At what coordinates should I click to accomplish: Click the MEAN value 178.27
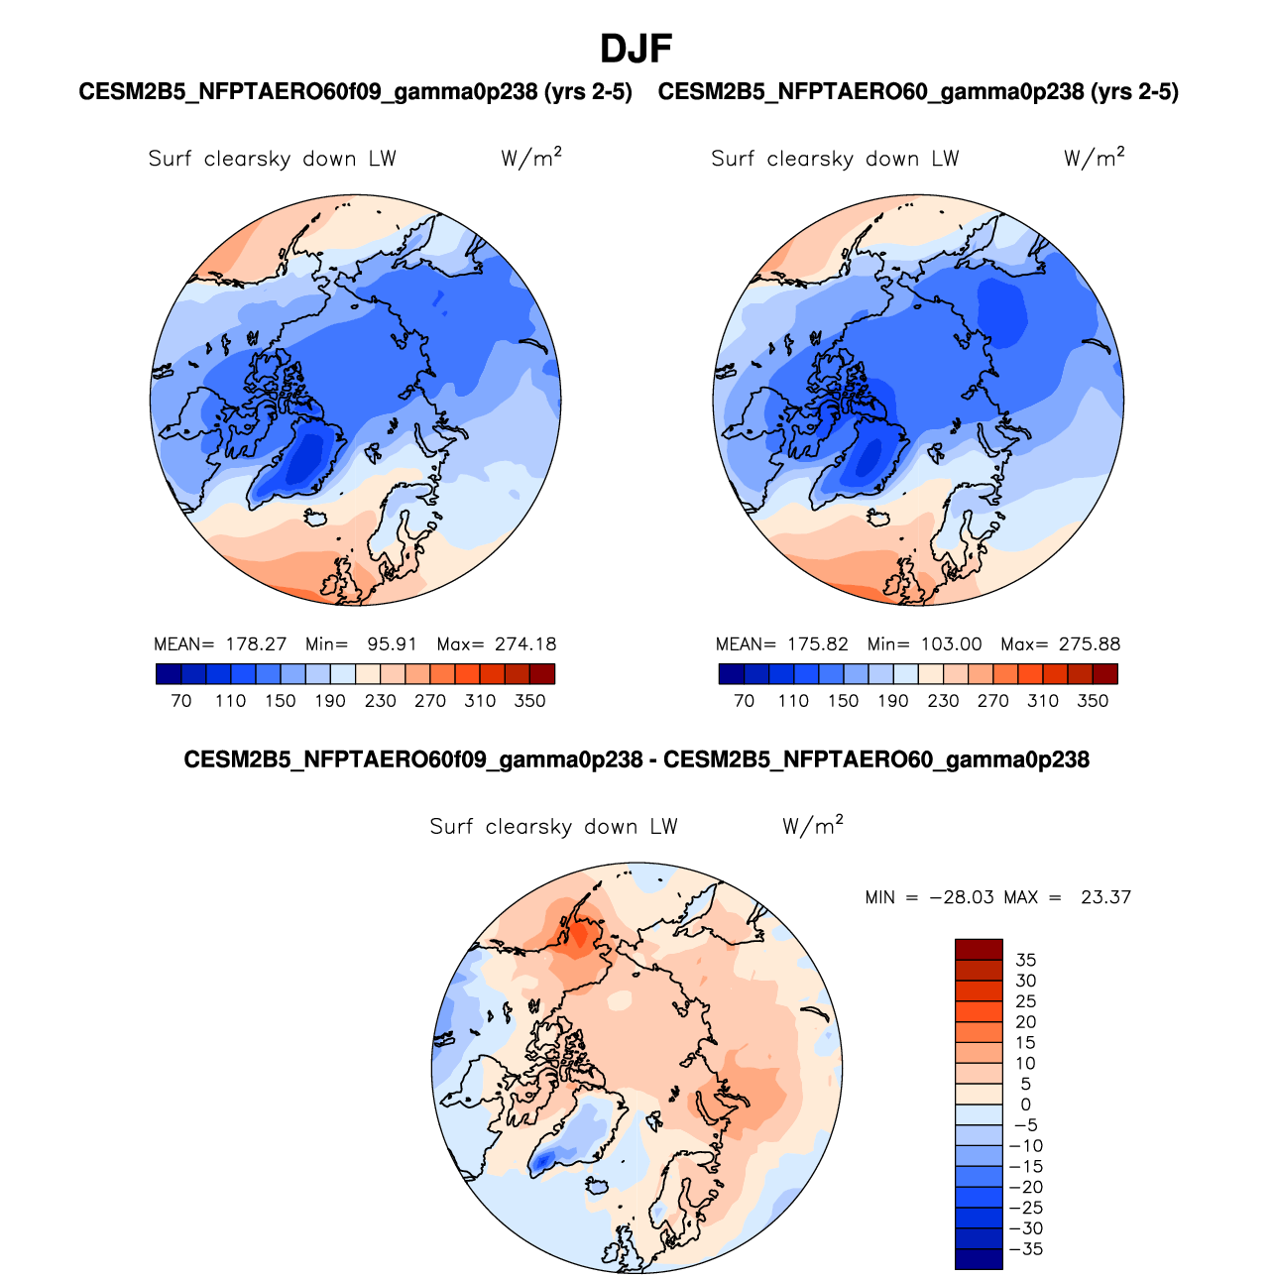[x=256, y=643]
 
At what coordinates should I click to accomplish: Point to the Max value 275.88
[x=1089, y=643]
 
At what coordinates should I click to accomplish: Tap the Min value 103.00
[x=952, y=643]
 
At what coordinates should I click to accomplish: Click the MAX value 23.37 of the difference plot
[x=1105, y=897]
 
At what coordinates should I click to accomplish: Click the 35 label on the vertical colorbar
[x=1025, y=960]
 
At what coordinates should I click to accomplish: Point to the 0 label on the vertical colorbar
[x=1025, y=1105]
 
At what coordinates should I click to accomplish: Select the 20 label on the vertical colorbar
[x=1025, y=1022]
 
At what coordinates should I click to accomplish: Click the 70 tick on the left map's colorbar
[x=181, y=701]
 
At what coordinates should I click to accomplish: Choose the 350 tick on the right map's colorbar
[x=1093, y=701]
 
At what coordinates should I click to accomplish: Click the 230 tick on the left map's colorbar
[x=381, y=701]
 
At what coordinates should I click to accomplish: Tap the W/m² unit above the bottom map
[x=812, y=826]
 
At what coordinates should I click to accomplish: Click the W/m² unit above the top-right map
[x=1094, y=158]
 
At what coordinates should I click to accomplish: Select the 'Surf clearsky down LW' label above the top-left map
[x=272, y=159]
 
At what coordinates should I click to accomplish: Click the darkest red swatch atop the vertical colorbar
[x=979, y=950]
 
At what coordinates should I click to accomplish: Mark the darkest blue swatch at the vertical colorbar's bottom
[x=979, y=1259]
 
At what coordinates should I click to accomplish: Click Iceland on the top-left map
[x=316, y=518]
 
